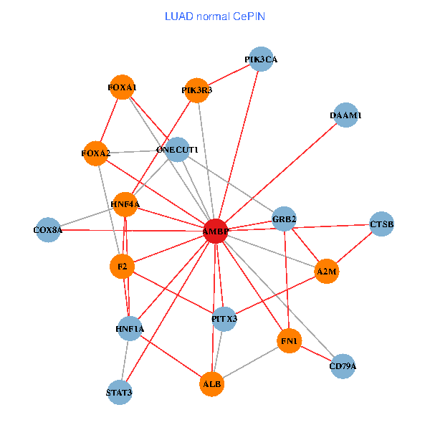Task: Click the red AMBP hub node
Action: (216, 231)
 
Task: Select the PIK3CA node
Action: (261, 59)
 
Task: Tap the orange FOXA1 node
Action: (122, 87)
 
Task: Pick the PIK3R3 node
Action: (196, 90)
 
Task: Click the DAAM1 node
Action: (346, 115)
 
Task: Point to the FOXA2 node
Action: (96, 153)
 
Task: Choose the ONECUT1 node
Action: (177, 150)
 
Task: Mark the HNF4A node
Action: (125, 204)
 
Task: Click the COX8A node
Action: (48, 230)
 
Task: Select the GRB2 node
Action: (285, 219)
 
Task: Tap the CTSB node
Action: (381, 224)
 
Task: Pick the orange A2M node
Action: (327, 272)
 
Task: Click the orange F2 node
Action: (123, 267)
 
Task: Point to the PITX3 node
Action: (224, 317)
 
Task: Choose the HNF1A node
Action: (130, 329)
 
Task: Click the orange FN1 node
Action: (290, 340)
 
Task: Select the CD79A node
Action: (343, 366)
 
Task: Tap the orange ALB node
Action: (212, 383)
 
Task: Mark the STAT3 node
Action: (119, 392)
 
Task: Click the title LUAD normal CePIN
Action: (215, 16)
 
